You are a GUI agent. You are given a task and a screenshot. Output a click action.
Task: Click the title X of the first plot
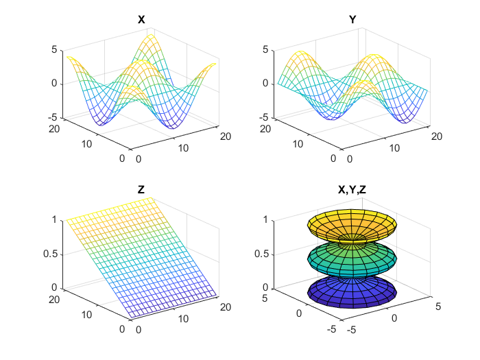tap(141, 20)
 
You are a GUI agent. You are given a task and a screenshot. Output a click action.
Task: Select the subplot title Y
tap(352, 20)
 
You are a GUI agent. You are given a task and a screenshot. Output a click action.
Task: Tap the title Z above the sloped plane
tap(141, 190)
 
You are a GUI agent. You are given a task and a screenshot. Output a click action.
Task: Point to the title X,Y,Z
tap(352, 190)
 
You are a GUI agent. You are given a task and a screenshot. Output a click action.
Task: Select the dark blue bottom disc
tap(352, 289)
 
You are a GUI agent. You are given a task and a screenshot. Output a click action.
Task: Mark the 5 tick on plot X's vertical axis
tap(55, 49)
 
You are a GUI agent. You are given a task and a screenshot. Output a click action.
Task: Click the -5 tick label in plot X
tap(53, 118)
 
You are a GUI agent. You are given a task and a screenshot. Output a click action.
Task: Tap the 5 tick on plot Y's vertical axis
tap(266, 49)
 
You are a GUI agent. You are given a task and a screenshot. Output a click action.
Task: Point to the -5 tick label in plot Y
tap(264, 118)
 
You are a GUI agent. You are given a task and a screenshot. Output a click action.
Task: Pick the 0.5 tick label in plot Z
tap(51, 254)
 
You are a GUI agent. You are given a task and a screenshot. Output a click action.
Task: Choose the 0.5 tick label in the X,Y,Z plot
tap(262, 254)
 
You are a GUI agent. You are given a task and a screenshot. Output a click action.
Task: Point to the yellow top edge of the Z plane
tap(110, 208)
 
